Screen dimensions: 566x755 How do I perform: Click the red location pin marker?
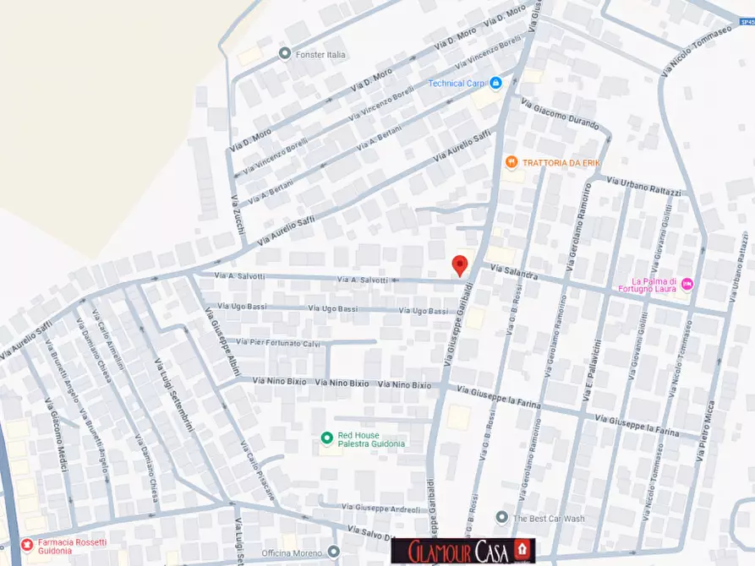coord(460,264)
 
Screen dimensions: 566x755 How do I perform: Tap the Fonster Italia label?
coord(320,55)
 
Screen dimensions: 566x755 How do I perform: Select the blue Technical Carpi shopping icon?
coord(496,83)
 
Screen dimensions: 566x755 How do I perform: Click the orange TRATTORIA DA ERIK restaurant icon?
coord(511,162)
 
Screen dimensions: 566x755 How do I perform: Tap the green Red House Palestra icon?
coord(326,438)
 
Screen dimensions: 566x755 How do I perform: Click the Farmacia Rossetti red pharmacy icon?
coord(27,544)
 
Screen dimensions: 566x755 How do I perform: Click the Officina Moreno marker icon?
coord(334,552)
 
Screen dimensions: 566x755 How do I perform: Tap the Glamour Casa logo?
coord(463,551)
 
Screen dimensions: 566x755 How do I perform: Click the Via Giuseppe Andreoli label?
coord(381,508)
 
